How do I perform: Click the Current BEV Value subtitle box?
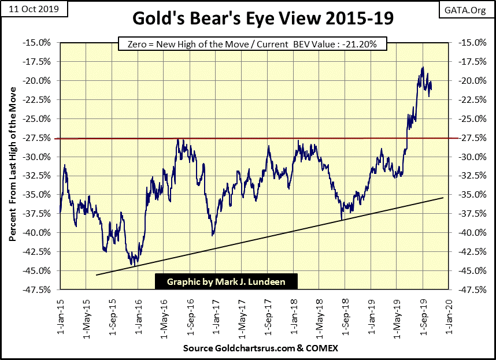[251, 44]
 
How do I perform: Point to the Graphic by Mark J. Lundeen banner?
[227, 281]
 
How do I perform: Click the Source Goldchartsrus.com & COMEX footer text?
[260, 348]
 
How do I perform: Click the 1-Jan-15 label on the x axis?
[60, 312]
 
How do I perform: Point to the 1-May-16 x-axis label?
[164, 312]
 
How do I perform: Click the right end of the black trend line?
[443, 198]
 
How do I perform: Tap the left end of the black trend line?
[96, 275]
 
